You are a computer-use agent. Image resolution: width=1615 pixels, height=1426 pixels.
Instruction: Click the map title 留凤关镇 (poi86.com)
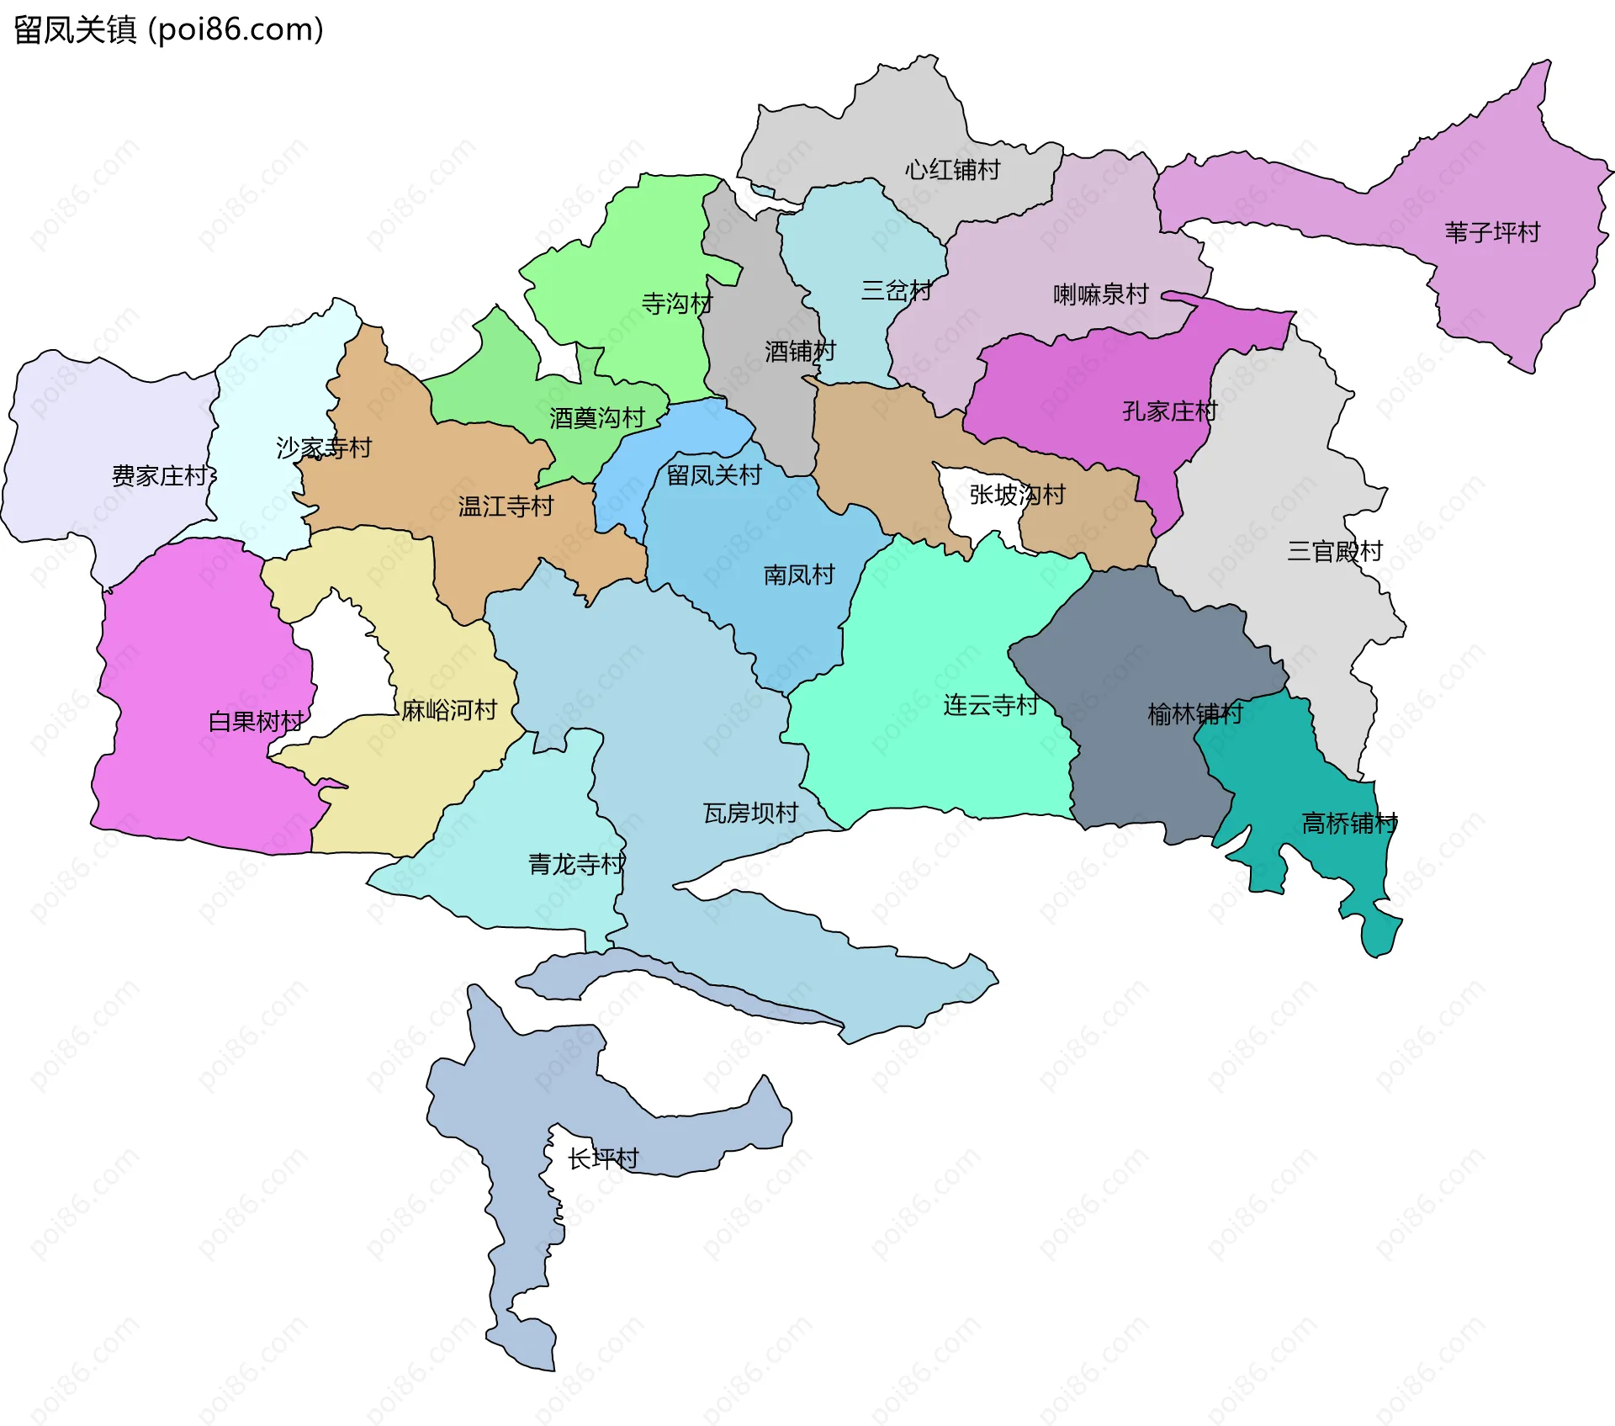168,30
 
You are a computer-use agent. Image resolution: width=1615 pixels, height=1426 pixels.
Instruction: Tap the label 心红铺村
952,170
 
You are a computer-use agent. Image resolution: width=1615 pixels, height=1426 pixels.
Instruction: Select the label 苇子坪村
1492,232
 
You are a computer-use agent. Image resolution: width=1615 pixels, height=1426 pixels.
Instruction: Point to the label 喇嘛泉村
1100,294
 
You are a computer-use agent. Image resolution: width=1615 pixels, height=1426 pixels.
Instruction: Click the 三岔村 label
896,291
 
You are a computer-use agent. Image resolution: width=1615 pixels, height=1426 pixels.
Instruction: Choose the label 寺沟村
676,304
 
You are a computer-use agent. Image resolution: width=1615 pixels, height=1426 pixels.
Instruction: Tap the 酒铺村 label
800,351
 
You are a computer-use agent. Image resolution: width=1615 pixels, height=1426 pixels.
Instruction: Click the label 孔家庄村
1169,411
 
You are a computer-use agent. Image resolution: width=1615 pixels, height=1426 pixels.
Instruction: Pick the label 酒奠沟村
596,418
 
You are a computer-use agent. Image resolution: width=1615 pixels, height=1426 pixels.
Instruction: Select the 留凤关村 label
713,475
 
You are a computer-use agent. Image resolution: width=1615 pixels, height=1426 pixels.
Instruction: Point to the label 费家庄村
160,476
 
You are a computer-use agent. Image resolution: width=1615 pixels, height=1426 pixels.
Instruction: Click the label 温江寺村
506,506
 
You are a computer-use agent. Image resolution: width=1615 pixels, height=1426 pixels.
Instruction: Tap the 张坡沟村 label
1017,495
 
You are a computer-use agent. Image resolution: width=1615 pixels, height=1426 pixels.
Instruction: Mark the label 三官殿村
1335,552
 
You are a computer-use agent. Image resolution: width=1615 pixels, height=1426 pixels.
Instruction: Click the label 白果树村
256,722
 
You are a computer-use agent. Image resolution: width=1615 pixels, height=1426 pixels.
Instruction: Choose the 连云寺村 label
990,705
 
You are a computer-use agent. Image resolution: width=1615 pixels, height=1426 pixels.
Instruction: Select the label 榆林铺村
1194,714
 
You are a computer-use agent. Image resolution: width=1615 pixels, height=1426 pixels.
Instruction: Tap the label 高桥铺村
1349,823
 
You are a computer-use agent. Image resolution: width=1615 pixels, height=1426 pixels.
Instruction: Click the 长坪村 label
602,1159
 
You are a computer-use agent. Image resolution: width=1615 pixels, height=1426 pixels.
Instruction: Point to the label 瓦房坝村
750,814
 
